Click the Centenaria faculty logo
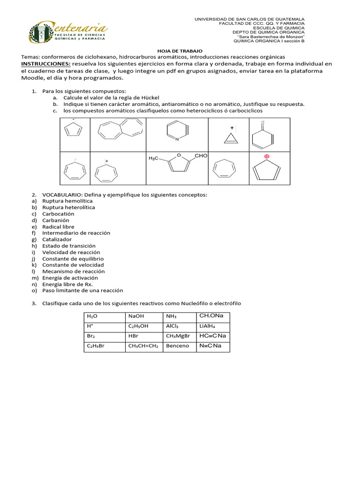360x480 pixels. tap(67, 33)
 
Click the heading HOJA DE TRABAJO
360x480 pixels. tap(180, 50)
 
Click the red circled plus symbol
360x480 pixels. tap(268, 156)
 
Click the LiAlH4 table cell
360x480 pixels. tap(207, 326)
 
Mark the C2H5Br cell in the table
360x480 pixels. tap(95, 346)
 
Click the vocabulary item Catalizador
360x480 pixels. tap(58, 239)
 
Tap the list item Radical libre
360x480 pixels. tap(58, 226)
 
